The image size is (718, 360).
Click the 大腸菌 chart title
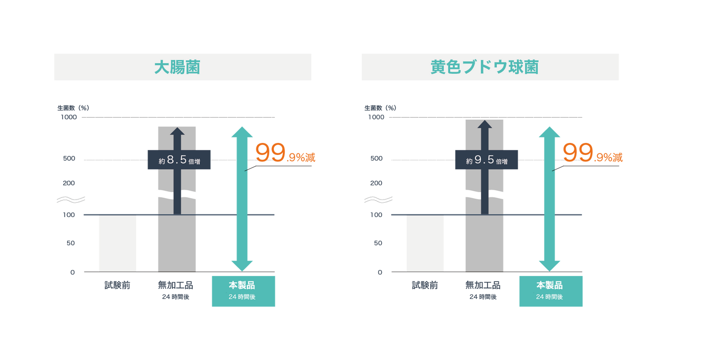[177, 67]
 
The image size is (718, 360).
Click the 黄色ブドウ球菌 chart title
[484, 67]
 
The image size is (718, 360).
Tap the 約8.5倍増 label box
[179, 159]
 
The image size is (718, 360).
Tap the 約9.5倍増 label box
[486, 159]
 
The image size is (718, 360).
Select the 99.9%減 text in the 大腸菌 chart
[285, 152]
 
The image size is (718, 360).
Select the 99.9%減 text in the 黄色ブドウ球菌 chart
[593, 152]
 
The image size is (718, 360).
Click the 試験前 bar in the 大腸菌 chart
[118, 243]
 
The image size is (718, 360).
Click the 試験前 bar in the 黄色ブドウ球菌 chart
[425, 243]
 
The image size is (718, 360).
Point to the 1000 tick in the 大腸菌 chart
[69, 117]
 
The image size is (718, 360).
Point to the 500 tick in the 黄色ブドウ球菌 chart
[376, 158]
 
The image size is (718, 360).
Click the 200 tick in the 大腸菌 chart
[69, 183]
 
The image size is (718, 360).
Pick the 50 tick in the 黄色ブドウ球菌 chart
[378, 243]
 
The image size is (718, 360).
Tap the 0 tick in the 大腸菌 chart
[73, 272]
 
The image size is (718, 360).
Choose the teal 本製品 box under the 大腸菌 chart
[243, 291]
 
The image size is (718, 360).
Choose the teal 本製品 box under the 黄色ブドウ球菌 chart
[551, 291]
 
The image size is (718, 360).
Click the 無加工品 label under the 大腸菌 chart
[176, 285]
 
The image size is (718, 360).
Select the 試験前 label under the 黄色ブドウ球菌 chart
[425, 285]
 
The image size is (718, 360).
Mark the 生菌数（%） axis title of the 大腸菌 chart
[73, 108]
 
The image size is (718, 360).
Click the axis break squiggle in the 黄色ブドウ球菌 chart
[378, 200]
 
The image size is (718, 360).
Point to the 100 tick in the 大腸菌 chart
[69, 215]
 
